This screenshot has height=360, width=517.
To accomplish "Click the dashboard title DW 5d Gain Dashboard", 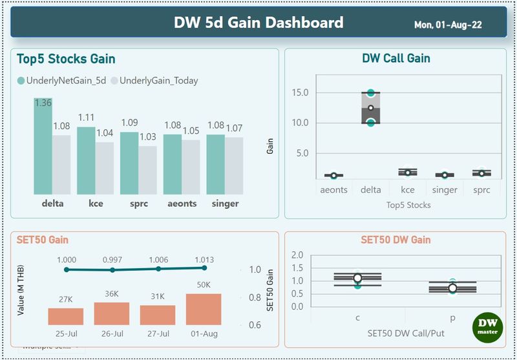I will pos(258,23).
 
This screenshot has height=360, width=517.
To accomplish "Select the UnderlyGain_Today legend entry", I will pos(154,81).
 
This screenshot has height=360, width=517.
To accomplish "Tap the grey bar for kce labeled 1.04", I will pos(105,169).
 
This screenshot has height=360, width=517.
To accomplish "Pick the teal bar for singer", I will pos(215,165).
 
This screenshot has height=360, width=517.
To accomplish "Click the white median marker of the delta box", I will pos(371,108).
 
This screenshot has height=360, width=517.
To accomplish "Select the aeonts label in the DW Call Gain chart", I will pos(333,190).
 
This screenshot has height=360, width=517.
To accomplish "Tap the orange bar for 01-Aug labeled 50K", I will pos(204,310).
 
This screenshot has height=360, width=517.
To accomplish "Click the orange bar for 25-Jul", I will pos(66,317).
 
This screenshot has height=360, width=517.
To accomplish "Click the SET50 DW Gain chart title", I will pos(396,240).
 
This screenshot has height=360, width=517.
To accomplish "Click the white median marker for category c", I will pos(357,278).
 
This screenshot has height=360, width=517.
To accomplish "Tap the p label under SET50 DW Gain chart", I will pos(453,317).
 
